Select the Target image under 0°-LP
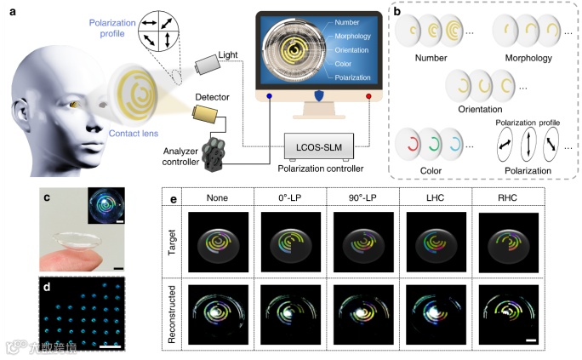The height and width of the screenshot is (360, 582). (285, 243)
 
